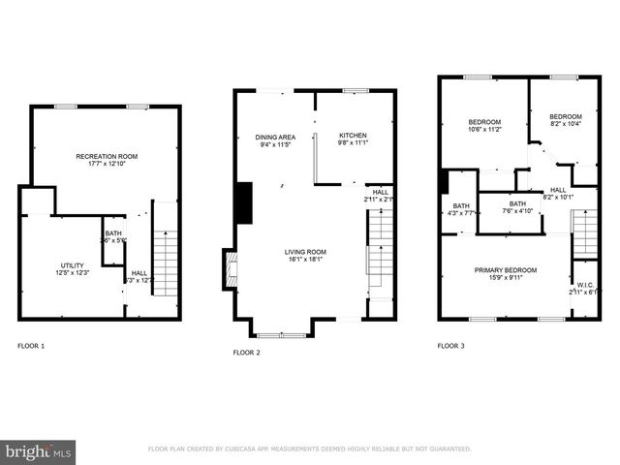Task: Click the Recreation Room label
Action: pyautogui.click(x=107, y=156)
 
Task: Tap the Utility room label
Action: pyautogui.click(x=72, y=265)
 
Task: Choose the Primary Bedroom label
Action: pyautogui.click(x=505, y=270)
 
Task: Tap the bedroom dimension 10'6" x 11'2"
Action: pyautogui.click(x=484, y=128)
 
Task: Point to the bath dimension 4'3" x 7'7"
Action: pyautogui.click(x=460, y=212)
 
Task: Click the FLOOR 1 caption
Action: pyautogui.click(x=31, y=346)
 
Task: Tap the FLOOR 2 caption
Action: pyautogui.click(x=247, y=354)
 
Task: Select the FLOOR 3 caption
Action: pyautogui.click(x=450, y=346)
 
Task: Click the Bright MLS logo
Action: pyautogui.click(x=38, y=450)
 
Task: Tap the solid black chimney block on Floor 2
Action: pyautogui.click(x=244, y=202)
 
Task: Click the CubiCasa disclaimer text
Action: pyautogui.click(x=309, y=449)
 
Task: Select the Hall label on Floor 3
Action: pyautogui.click(x=558, y=190)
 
